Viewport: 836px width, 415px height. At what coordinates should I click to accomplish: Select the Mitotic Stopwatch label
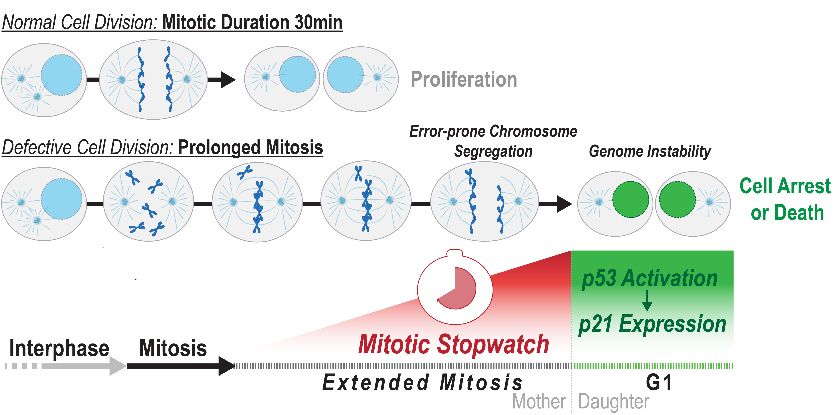point(454,344)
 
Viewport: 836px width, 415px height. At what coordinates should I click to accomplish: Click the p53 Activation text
point(650,278)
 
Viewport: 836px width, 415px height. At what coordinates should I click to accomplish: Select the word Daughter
point(614,402)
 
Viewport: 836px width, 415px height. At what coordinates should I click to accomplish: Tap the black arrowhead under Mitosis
point(227,366)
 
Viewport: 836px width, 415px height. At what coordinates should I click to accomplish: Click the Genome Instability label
point(650,151)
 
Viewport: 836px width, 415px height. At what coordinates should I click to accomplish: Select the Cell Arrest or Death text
point(785,199)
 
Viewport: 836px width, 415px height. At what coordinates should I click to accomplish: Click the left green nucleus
point(631,199)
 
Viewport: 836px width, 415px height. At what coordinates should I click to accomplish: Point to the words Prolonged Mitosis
point(250,148)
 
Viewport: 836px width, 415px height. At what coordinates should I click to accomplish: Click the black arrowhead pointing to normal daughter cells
point(228,80)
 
